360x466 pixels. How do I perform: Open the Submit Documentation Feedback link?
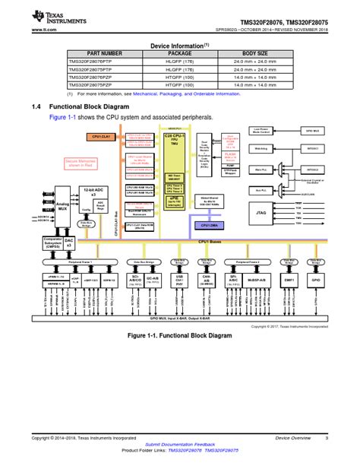(x=180, y=442)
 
